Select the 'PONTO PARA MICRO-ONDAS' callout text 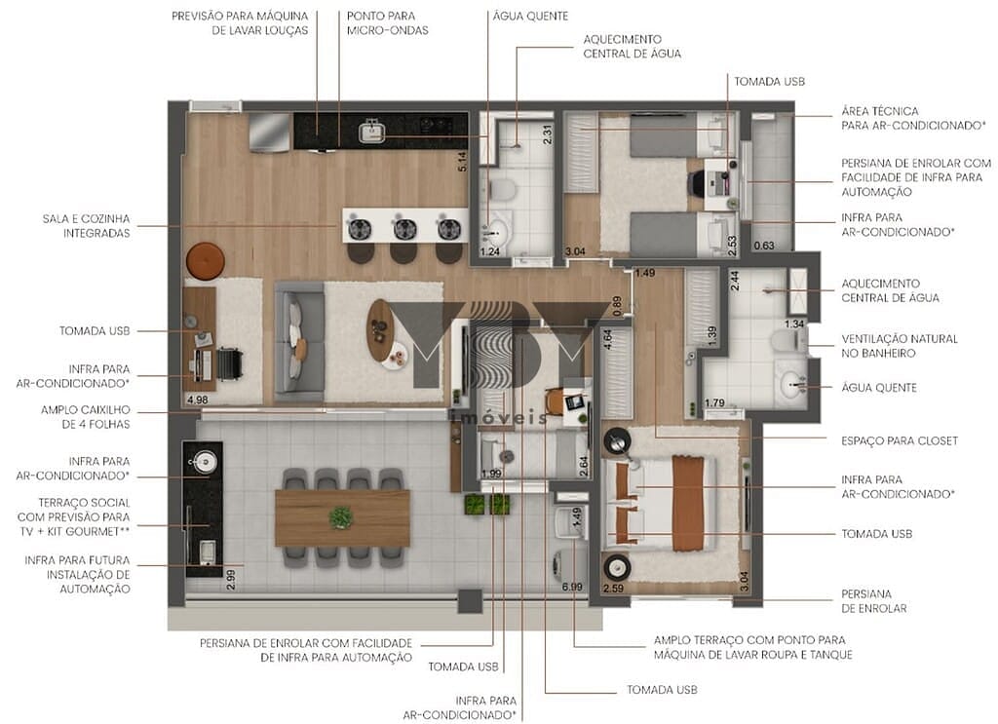[387, 23]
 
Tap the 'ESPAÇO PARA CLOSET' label [900, 440]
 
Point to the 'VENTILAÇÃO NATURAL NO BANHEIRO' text [900, 346]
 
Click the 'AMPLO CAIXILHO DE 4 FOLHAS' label [85, 417]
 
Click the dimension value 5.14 [465, 161]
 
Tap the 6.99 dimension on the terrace [571, 587]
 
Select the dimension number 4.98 [197, 400]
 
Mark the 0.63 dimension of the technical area [766, 246]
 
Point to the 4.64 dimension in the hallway [608, 340]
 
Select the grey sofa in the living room [298, 329]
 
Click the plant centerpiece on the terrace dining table [341, 517]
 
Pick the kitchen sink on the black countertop [370, 130]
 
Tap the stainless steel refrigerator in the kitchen [269, 133]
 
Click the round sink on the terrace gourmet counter [205, 463]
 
